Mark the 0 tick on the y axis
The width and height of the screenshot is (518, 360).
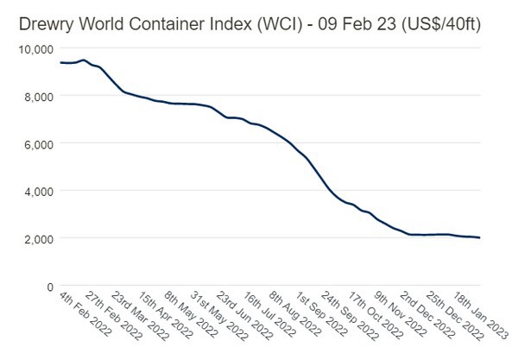[50, 286]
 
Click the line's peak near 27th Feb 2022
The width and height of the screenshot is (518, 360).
[83, 60]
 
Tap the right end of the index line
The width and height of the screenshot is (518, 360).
[480, 237]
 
